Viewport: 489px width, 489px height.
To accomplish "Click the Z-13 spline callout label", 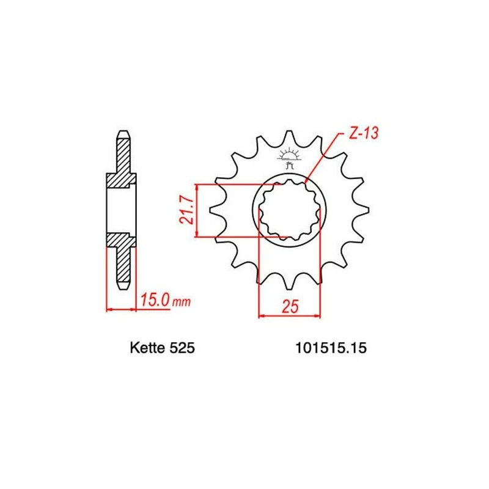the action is click(x=363, y=133).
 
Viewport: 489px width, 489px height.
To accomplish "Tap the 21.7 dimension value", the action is click(x=187, y=210).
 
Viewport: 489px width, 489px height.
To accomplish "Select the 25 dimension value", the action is click(x=290, y=307).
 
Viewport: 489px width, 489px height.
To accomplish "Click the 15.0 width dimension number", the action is click(x=155, y=300).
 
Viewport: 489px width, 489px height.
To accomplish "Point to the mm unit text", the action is click(x=182, y=302).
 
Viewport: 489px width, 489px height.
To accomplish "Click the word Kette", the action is click(x=147, y=348).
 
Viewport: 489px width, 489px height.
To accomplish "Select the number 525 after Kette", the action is click(x=182, y=348).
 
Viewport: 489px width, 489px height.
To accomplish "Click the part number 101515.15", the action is click(x=331, y=348).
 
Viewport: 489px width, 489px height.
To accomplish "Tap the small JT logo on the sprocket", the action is click(x=290, y=158).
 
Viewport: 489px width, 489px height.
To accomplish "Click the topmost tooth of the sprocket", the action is click(x=289, y=137).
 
